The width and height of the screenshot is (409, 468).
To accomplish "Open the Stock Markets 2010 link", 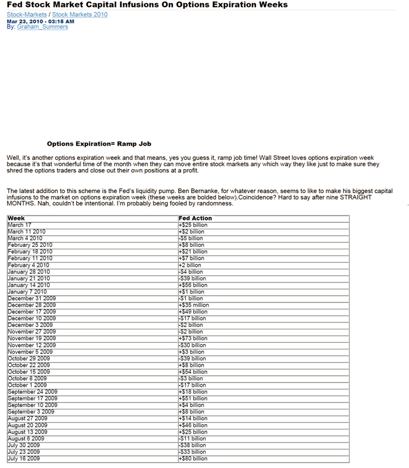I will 79,15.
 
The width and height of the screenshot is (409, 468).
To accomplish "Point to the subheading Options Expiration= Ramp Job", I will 99,144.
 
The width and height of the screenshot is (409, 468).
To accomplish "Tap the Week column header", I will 16,218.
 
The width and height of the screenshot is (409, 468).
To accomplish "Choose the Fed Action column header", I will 195,218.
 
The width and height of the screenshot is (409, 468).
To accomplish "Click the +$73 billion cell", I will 193,338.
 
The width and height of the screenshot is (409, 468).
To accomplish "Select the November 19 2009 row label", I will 32,338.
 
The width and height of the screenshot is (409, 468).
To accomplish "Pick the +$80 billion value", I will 193,459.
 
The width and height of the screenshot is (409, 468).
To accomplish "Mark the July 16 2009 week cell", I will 24,459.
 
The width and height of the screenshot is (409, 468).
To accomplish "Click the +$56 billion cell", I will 193,285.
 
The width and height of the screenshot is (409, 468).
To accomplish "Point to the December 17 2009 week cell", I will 32,312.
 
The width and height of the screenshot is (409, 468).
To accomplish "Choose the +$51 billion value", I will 193,398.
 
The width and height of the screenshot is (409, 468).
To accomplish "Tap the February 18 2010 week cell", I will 30,252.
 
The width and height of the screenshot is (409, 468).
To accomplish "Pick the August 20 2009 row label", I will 28,425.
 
